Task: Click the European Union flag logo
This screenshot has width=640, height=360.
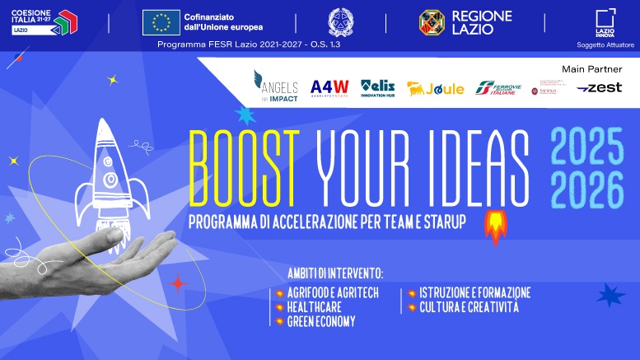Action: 161,22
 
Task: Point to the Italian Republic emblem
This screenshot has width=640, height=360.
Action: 339,22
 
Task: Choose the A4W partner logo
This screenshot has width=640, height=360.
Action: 329,87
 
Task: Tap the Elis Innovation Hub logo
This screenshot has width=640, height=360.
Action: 378,86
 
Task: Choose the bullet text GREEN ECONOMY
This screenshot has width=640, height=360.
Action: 321,322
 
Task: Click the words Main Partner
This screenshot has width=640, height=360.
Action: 591,68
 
